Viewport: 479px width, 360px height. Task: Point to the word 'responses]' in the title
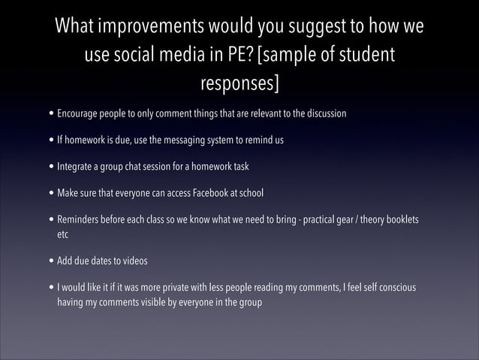[239, 83]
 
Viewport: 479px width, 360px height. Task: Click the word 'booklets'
[399, 220]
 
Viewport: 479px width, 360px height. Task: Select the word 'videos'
[132, 261]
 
